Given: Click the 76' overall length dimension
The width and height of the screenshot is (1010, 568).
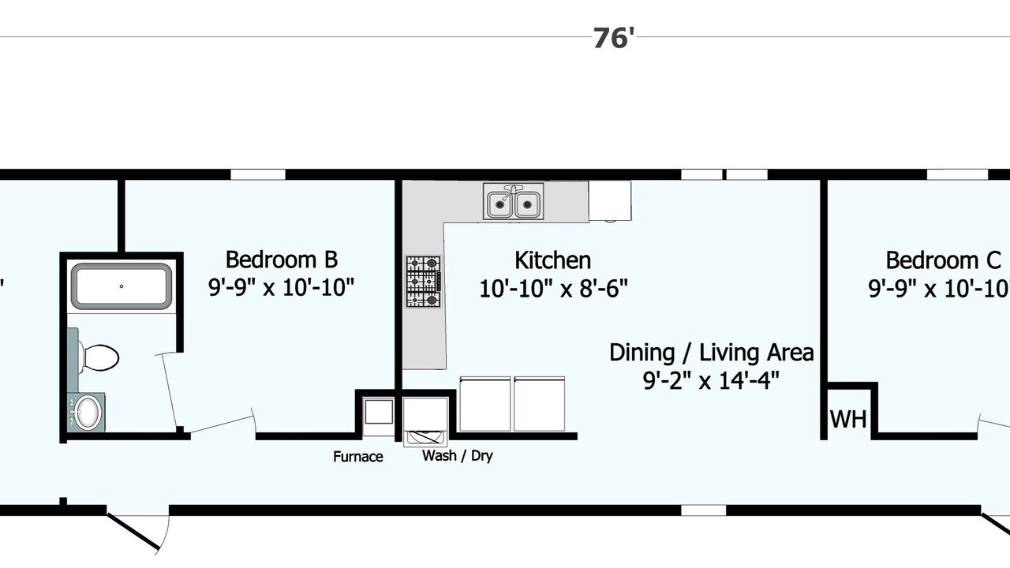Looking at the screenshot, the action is (x=613, y=38).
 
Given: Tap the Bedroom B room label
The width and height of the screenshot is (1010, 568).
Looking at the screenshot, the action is (x=282, y=260).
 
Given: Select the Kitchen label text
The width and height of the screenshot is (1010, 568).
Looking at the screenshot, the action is (x=552, y=260).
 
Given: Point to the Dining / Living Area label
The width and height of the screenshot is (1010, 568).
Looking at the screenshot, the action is (x=712, y=353).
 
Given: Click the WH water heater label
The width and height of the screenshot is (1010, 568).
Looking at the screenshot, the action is (x=848, y=419).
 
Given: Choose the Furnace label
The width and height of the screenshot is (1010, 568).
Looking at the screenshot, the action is (x=358, y=457).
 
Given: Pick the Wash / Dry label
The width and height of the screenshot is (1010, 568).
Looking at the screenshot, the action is (x=457, y=456).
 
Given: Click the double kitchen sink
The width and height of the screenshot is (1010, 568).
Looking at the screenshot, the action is (x=513, y=201).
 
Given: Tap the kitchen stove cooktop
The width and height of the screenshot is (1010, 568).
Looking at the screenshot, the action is (x=424, y=282).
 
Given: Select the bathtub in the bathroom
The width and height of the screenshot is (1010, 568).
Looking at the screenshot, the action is (x=122, y=286).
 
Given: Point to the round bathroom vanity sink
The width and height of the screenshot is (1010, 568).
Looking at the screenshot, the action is (x=87, y=413).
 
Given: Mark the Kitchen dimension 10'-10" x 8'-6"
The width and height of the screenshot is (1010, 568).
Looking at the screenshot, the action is (x=553, y=289).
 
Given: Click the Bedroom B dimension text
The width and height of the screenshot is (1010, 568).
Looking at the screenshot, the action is (x=282, y=286).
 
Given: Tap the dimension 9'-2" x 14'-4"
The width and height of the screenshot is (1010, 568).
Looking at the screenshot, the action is (x=711, y=380).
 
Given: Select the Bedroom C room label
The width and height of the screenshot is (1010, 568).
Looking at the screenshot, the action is (x=943, y=260).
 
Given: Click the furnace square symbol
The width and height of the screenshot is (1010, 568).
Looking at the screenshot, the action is (x=378, y=412).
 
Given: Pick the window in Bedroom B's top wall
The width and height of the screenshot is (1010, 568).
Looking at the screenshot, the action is (x=258, y=174).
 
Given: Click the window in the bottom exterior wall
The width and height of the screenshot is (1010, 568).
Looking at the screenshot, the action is (x=703, y=510).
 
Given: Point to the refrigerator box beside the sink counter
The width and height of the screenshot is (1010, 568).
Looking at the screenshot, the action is (x=610, y=201).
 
